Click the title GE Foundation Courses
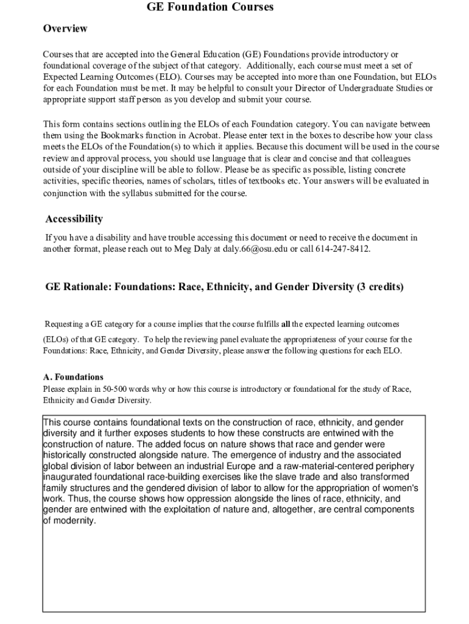[210, 7]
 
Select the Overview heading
[65, 29]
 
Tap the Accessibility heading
[74, 219]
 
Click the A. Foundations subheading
[73, 377]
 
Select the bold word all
[286, 324]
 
